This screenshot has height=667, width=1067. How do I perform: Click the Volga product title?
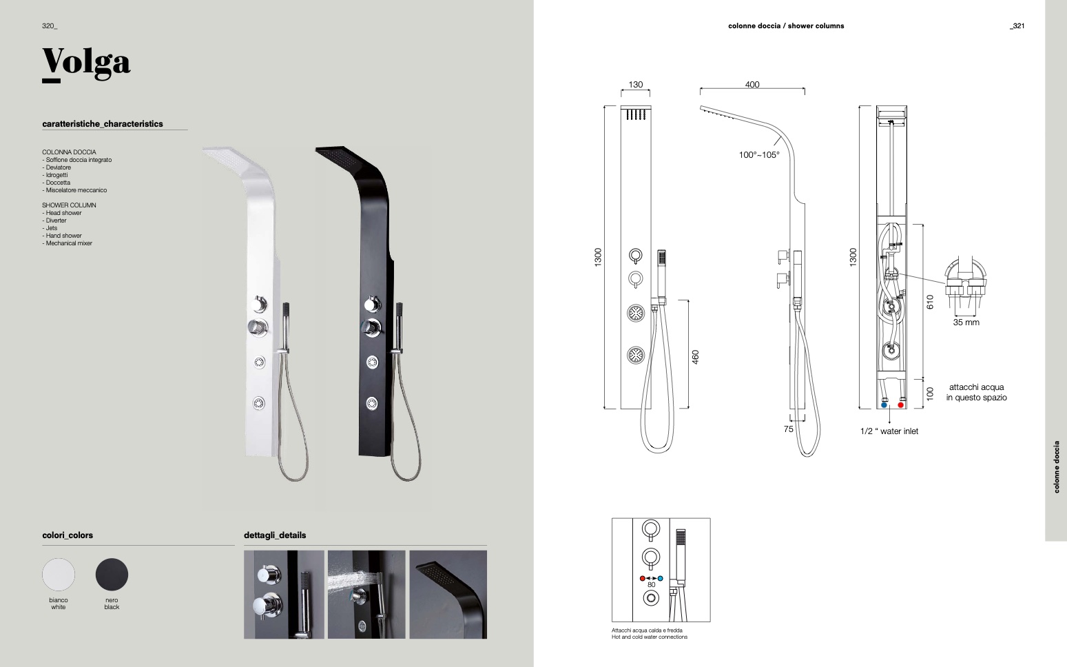tap(86, 62)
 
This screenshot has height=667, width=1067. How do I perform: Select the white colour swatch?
tap(59, 574)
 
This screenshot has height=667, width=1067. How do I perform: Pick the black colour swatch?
tap(112, 574)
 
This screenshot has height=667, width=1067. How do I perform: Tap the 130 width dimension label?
tap(635, 85)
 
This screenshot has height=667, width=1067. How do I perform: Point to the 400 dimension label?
tap(752, 85)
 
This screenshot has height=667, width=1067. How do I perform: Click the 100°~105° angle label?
tap(759, 155)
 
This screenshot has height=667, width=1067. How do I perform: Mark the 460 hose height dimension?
tap(696, 357)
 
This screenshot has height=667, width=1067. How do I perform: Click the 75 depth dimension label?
tap(789, 429)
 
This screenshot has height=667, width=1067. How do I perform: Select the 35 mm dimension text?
tap(966, 322)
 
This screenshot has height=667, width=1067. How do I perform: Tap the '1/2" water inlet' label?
tap(889, 431)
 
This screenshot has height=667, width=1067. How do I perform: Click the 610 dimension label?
tap(930, 302)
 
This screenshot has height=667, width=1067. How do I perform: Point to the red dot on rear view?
tap(901, 405)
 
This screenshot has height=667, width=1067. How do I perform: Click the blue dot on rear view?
tap(884, 405)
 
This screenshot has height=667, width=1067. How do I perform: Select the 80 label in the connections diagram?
tap(651, 585)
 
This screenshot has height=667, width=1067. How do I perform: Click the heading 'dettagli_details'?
tap(275, 535)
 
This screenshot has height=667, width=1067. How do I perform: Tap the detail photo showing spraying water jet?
tap(366, 594)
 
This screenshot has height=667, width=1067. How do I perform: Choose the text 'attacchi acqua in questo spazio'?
tap(976, 392)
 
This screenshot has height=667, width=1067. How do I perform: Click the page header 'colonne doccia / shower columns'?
tap(786, 26)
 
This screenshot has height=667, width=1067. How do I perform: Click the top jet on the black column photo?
tap(373, 362)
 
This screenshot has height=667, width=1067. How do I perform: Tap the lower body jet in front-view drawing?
tap(636, 356)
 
